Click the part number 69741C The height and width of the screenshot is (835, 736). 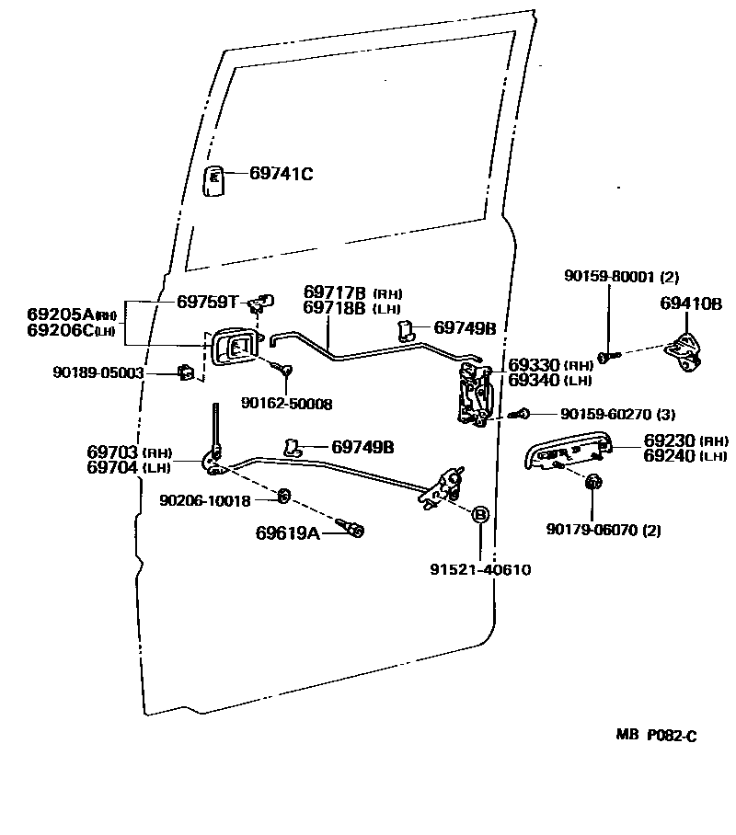[282, 174]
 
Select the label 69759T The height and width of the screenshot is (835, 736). [208, 301]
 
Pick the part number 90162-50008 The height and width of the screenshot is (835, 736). [286, 403]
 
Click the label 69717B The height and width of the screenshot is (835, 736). [336, 292]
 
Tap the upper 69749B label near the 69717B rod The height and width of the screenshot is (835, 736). [465, 327]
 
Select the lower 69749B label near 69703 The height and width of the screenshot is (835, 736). [362, 447]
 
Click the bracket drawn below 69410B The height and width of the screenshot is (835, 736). [685, 353]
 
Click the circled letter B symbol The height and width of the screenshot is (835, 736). [479, 514]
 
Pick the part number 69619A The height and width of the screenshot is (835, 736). [287, 532]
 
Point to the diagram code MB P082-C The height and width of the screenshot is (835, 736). [656, 736]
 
